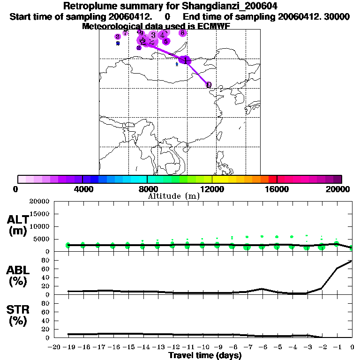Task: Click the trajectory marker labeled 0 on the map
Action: click(209, 85)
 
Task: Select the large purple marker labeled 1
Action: click(186, 60)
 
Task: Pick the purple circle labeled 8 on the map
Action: click(182, 33)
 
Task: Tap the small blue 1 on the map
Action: click(177, 64)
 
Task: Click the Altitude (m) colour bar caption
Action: click(173, 196)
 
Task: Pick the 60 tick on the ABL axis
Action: click(46, 269)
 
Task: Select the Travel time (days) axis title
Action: click(205, 355)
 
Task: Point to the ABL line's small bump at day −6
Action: click(262, 289)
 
